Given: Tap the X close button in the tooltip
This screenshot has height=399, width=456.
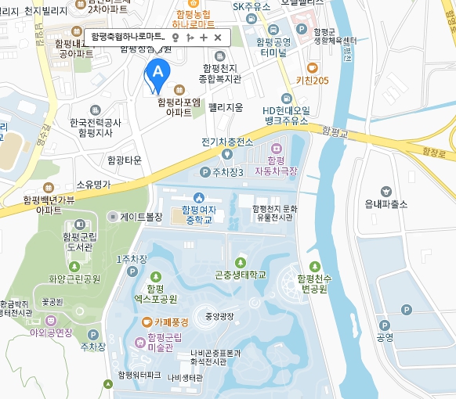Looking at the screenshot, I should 218,37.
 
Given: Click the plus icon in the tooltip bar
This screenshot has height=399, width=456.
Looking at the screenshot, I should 204,37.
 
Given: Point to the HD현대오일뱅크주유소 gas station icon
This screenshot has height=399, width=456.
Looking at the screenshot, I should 287,98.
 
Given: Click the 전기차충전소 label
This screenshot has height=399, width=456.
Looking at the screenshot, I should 227,142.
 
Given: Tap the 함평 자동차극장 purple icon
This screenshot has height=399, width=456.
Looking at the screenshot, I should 275,149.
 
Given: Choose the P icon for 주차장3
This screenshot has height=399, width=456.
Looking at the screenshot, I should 205,172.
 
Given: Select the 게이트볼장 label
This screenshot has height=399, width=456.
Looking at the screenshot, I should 141,217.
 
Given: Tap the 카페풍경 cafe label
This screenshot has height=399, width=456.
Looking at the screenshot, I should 170,322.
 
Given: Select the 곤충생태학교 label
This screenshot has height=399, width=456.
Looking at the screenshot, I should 240,275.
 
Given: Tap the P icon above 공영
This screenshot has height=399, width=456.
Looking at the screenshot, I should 405,311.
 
